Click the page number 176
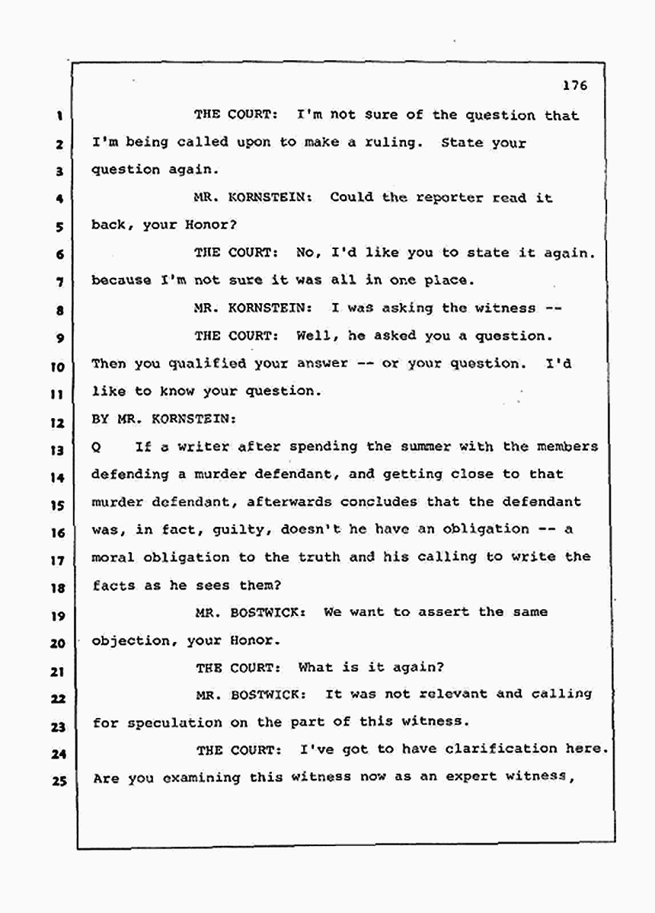coord(575,86)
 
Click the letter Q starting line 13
coord(96,448)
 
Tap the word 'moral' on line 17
coord(112,557)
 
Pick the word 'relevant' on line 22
coord(454,694)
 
